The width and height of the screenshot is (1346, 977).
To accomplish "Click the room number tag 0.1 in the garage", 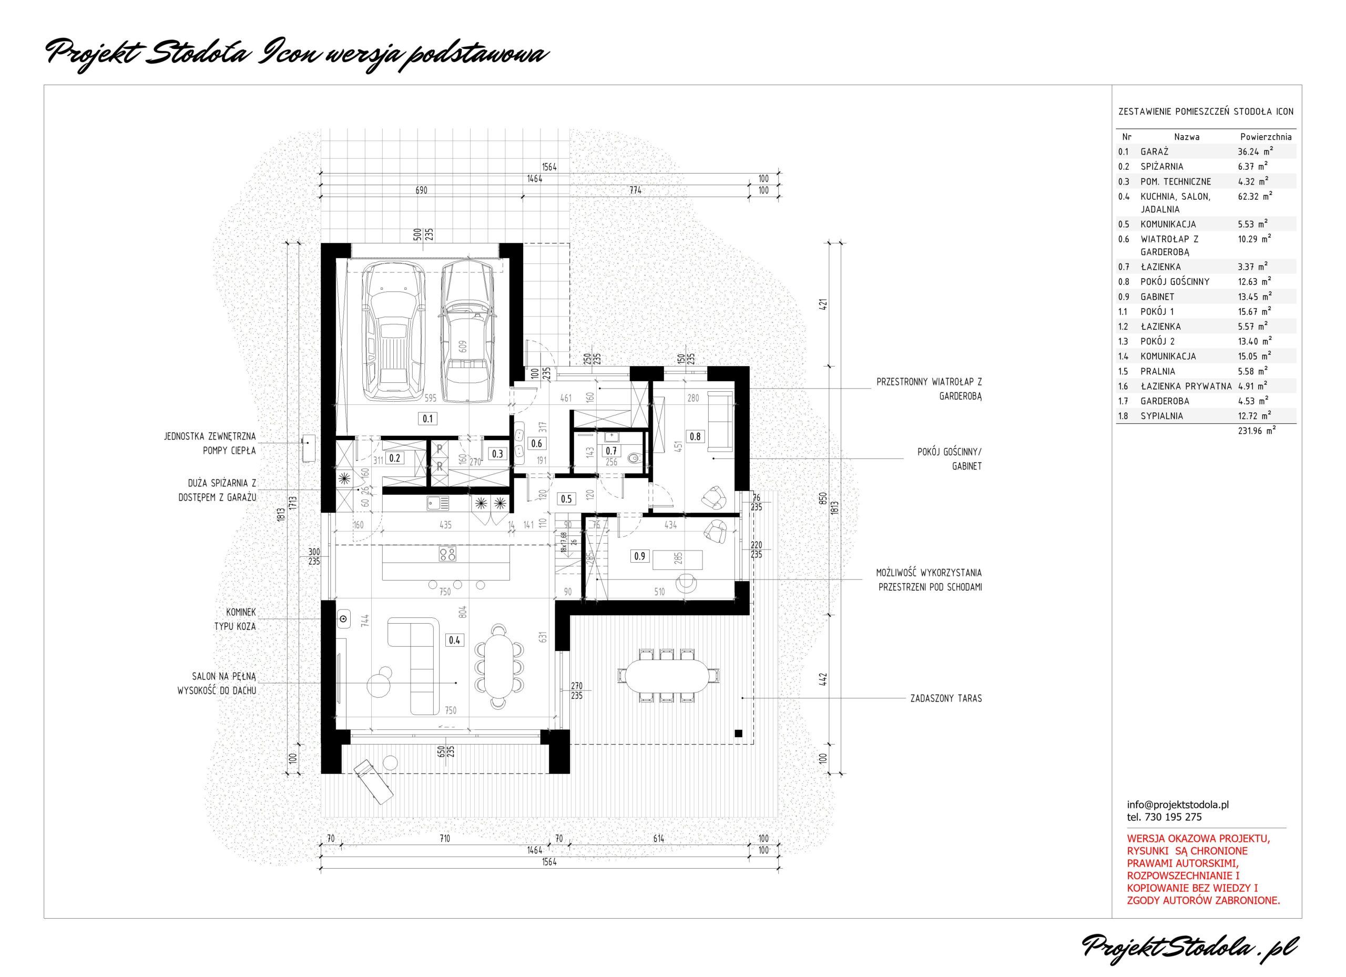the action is tap(427, 419).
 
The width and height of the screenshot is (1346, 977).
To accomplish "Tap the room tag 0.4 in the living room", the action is tap(455, 640).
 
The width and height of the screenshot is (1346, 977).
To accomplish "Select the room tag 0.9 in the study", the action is tap(639, 556).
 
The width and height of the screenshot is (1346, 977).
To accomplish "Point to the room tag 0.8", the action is tap(695, 437).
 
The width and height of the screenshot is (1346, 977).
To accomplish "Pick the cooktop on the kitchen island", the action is tap(447, 554).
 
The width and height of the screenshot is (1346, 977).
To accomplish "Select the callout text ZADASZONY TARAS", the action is tap(946, 699).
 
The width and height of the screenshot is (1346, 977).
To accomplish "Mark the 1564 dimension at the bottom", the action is tap(549, 862).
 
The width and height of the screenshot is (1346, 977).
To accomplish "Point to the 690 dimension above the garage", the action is tap(421, 190).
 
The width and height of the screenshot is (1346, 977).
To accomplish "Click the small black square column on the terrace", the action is tap(738, 733).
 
